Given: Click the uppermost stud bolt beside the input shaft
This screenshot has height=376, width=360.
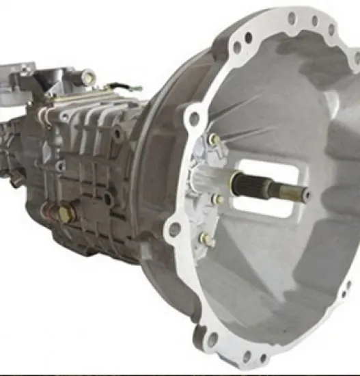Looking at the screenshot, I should pyautogui.click(x=214, y=139).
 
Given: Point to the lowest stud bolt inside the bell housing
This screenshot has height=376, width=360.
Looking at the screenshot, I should pyautogui.click(x=204, y=239).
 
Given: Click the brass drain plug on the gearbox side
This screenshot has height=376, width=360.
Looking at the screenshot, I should pyautogui.click(x=66, y=214).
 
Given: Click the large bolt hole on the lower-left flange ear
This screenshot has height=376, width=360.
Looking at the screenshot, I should pyautogui.click(x=174, y=229).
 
